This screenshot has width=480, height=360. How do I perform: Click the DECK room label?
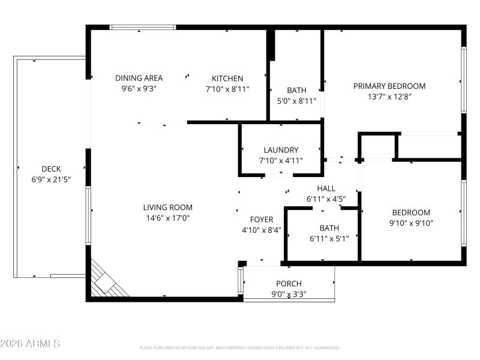click(x=51, y=169)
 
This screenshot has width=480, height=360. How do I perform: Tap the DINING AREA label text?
click(x=139, y=78)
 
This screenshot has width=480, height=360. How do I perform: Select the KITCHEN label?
click(x=227, y=78)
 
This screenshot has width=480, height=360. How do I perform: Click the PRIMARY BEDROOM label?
click(x=389, y=86)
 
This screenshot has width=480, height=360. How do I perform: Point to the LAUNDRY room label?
click(x=281, y=150)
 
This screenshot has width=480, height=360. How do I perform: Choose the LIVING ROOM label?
click(x=167, y=208)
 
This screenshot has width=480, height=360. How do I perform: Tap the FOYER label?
click(x=261, y=220)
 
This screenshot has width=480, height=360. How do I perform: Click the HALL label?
click(x=326, y=188)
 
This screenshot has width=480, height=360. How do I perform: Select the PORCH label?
click(x=289, y=283)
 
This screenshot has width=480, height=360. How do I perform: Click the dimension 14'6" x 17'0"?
click(x=167, y=218)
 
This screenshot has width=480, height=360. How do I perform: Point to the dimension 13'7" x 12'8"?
click(x=389, y=97)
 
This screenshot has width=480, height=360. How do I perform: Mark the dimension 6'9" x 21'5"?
click(x=51, y=179)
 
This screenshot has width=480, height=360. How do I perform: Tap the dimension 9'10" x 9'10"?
click(x=411, y=223)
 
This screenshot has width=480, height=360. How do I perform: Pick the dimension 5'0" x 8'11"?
click(x=296, y=101)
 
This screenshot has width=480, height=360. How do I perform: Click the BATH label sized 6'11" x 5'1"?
click(x=329, y=228)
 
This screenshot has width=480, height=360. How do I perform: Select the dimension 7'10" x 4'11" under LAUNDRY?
click(x=281, y=161)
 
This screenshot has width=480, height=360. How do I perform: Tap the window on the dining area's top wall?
click(x=143, y=27)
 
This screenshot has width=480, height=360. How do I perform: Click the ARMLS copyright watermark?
click(x=30, y=344)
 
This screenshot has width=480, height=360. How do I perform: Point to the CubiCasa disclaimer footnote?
click(x=240, y=347)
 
